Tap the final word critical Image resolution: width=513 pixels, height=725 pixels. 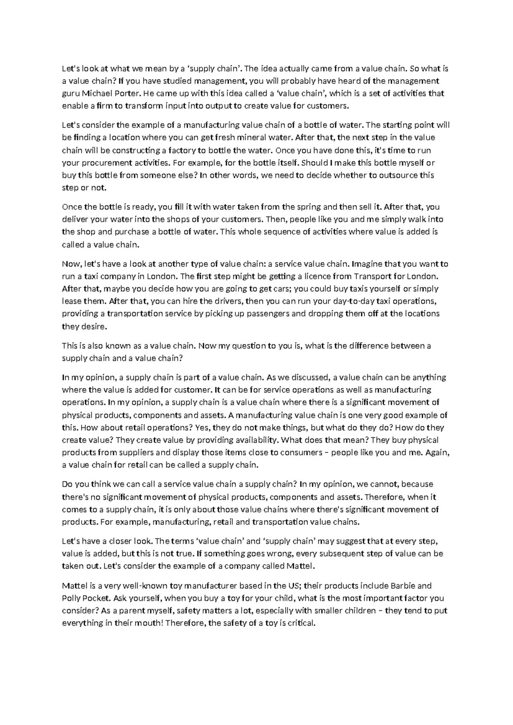click(301, 624)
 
